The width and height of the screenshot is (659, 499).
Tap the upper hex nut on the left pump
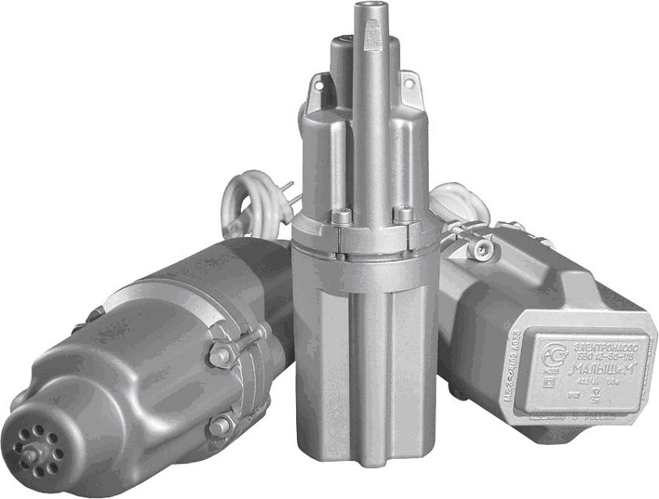[x=219, y=356]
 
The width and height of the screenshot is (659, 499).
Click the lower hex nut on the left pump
[x=219, y=425]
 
